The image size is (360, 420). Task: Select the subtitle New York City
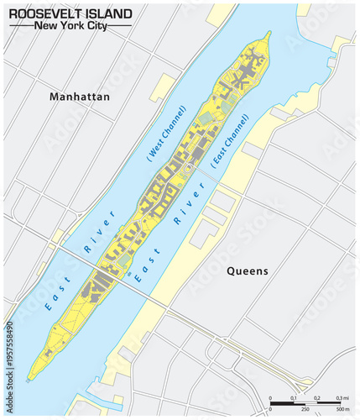coord(70,25)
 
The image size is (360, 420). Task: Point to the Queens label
coord(248,270)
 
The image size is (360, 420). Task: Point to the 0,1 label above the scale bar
coord(294,397)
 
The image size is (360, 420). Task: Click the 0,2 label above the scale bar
coord(317,397)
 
